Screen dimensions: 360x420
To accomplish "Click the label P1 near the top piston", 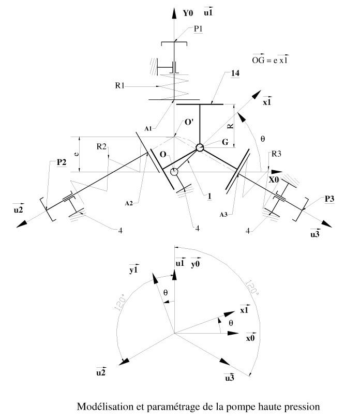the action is [198, 29].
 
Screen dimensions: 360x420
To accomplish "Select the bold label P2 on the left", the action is [62, 162].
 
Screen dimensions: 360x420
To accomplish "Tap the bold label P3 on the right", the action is [329, 199].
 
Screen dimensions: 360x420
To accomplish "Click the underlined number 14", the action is [235, 73].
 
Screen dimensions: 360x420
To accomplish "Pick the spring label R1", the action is [119, 86].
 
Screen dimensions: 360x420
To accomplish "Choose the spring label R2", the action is [101, 146].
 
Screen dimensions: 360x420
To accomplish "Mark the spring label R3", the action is [276, 154].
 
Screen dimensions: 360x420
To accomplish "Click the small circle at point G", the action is [200, 147].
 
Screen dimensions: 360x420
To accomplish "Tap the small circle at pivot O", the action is [174, 171].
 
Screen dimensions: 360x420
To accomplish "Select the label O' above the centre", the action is [189, 123].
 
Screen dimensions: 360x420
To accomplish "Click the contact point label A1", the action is [148, 129].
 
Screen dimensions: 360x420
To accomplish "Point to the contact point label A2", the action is [129, 203].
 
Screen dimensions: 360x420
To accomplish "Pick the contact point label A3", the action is [223, 215].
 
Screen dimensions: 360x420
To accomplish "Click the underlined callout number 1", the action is [209, 197].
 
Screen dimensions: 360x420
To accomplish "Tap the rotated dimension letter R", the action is [231, 126].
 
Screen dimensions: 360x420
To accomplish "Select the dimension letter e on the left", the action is [77, 154].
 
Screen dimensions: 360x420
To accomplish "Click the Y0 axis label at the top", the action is [188, 13].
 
